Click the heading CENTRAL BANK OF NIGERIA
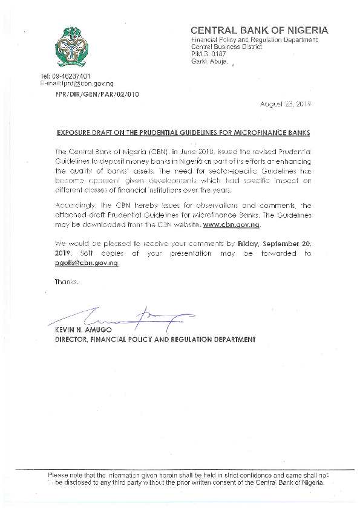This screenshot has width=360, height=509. (260, 30)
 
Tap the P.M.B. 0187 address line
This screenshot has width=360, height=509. (208, 54)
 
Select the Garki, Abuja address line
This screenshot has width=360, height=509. (209, 61)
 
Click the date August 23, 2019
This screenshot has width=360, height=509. (286, 104)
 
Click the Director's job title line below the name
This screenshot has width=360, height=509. (154, 340)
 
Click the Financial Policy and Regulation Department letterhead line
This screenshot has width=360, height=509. (254, 39)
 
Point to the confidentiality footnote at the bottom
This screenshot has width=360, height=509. (188, 479)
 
